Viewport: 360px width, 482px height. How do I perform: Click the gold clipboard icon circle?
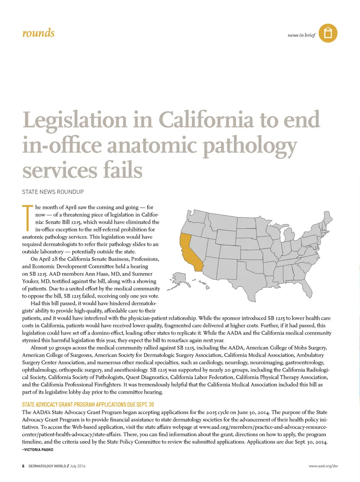click(x=328, y=33)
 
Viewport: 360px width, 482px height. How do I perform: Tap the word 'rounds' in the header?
click(x=38, y=33)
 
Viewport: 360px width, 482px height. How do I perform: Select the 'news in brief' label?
click(x=301, y=35)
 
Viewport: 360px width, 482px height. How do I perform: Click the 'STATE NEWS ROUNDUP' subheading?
click(x=53, y=192)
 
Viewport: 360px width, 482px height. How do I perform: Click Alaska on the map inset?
click(x=179, y=281)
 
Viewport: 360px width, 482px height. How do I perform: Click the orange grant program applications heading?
click(x=88, y=404)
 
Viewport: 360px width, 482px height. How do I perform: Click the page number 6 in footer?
click(x=23, y=466)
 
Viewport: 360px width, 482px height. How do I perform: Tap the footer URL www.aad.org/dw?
click(x=323, y=466)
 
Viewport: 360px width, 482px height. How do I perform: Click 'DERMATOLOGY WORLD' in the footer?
click(x=47, y=466)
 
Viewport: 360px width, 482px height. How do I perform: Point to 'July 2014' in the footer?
click(x=78, y=466)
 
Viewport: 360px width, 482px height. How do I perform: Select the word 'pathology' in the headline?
click(x=250, y=146)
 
